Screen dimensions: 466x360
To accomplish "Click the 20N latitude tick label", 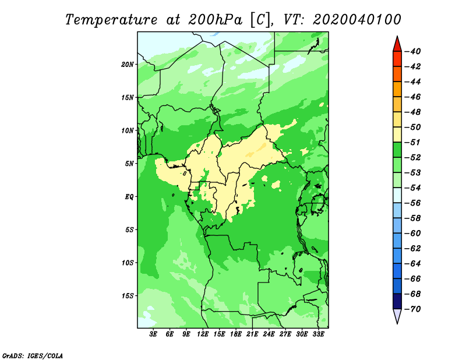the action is pyautogui.click(x=127, y=64).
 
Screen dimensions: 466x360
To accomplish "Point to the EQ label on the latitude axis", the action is pyautogui.click(x=129, y=196).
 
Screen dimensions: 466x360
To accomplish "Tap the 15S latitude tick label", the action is pyautogui.click(x=127, y=296).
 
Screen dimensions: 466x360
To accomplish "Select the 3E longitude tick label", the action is pyautogui.click(x=153, y=334).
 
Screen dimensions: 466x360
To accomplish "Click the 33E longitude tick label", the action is pyautogui.click(x=318, y=334).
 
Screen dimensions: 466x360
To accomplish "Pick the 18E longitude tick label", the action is pyautogui.click(x=236, y=334).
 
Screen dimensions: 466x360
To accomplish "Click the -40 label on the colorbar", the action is pyautogui.click(x=412, y=51).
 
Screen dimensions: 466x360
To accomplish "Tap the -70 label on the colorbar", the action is pyautogui.click(x=412, y=309).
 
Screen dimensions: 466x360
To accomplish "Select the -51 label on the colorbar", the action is pyautogui.click(x=412, y=142).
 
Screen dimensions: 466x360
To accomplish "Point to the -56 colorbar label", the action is pyautogui.click(x=412, y=203).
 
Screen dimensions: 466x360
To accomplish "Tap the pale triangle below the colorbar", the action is pyautogui.click(x=397, y=316).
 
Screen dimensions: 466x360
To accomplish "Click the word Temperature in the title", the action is pyautogui.click(x=111, y=20).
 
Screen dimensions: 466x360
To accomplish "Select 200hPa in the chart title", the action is pyautogui.click(x=215, y=20).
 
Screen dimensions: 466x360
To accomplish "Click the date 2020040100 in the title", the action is pyautogui.click(x=356, y=20).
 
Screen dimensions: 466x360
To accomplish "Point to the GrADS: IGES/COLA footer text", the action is pyautogui.click(x=33, y=355).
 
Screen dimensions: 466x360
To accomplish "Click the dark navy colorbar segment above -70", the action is pyautogui.click(x=397, y=301).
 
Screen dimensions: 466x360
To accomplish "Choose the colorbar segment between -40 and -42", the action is pyautogui.click(x=397, y=59).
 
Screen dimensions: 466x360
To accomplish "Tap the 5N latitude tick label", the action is pyautogui.click(x=129, y=164).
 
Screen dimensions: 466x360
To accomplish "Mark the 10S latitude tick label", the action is pyautogui.click(x=127, y=263).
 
